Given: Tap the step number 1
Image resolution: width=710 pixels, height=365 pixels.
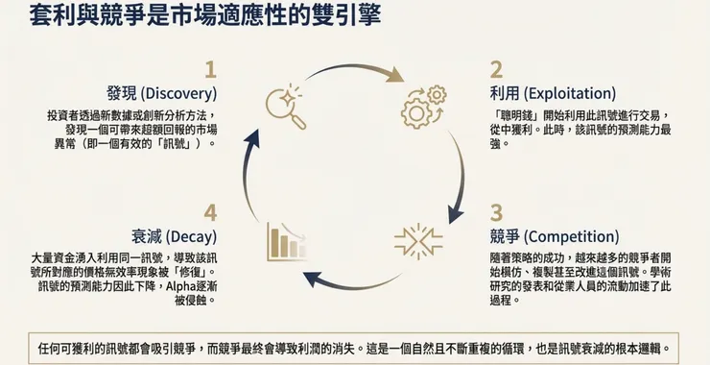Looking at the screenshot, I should tap(210, 69).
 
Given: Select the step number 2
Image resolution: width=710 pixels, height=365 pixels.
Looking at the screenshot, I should tap(496, 69).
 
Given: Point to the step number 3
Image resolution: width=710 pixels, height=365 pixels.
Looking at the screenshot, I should tap(496, 212).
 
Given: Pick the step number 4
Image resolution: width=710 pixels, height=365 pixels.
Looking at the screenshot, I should tap(210, 212).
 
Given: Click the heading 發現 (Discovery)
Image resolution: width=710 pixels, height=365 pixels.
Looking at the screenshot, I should tap(162, 94).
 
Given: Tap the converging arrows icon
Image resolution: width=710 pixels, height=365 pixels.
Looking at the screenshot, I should tap(418, 240).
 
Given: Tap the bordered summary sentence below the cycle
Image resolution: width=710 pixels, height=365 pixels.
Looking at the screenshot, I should tap(354, 349).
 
